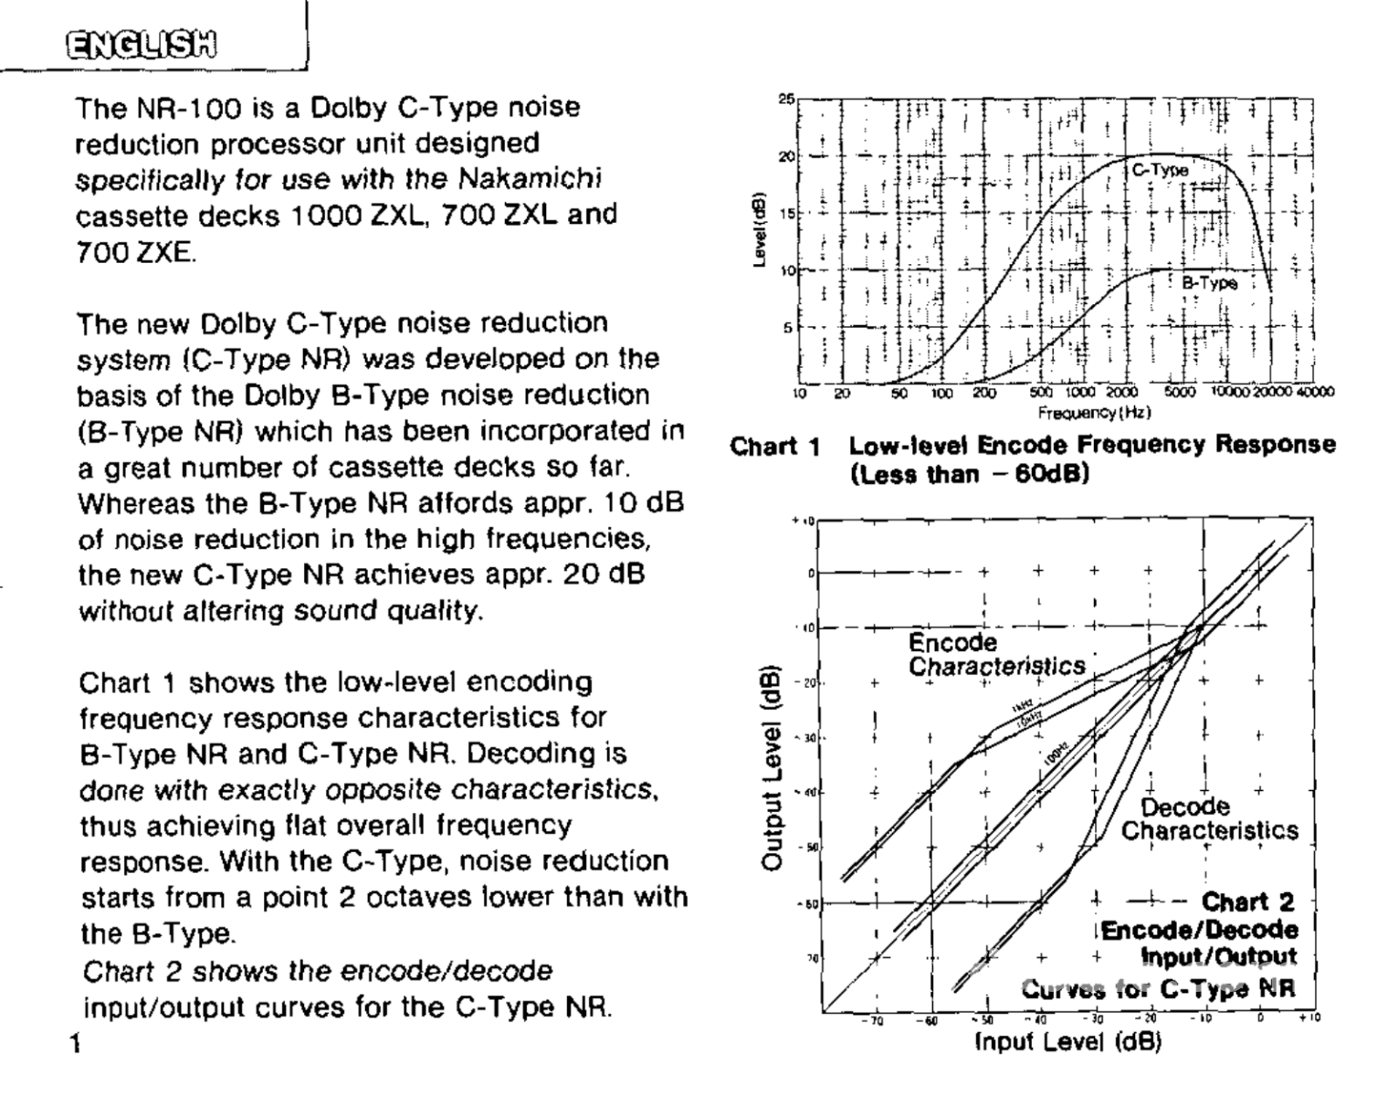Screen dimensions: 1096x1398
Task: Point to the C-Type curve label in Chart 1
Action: [x=1160, y=170]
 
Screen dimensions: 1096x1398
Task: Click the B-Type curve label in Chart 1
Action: [x=1209, y=283]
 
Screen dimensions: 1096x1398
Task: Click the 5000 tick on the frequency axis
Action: [x=1179, y=393]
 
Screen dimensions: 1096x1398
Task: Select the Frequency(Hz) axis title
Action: [x=1093, y=413]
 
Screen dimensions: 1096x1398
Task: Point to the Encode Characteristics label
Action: [x=995, y=655]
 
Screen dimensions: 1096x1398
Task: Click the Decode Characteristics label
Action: [x=1208, y=819]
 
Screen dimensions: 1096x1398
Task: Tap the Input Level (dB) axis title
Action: [x=1067, y=1041]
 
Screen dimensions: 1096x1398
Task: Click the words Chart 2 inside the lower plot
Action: [x=1247, y=902]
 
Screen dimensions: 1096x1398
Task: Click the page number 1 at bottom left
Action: [x=75, y=1042]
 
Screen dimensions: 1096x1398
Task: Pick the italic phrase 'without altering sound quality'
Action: [x=279, y=611]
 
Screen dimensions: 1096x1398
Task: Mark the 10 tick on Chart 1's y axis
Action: [x=785, y=270]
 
